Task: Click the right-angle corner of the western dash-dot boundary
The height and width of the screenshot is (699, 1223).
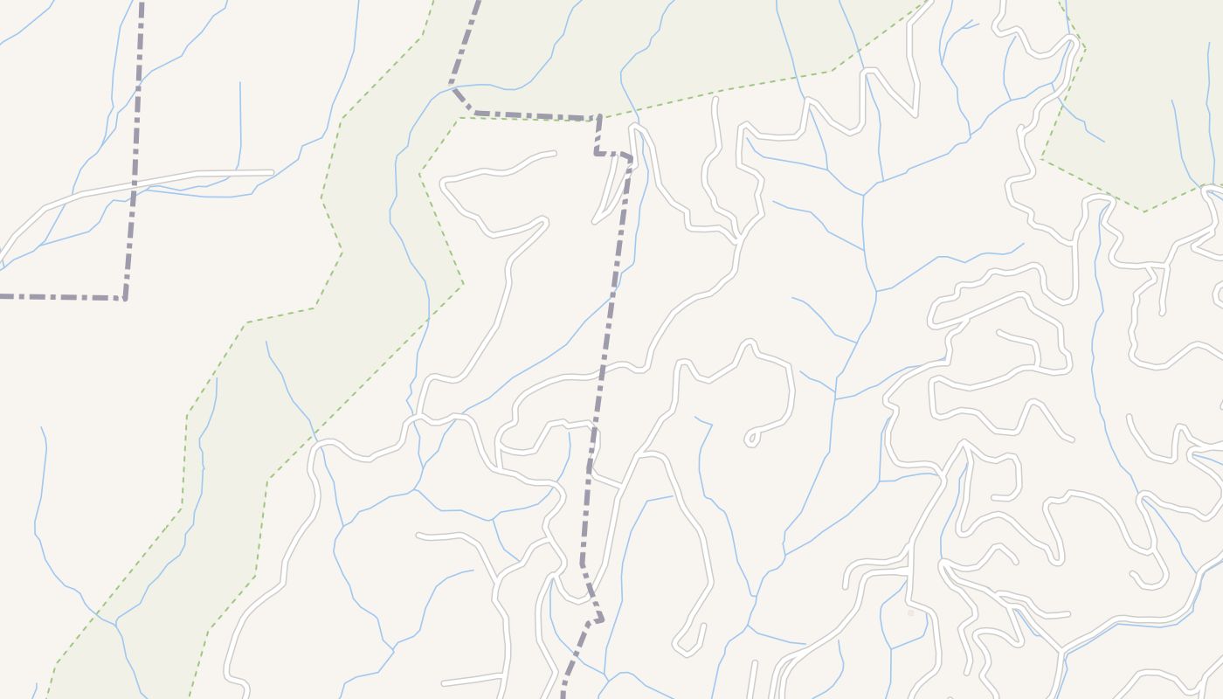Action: pyautogui.click(x=125, y=298)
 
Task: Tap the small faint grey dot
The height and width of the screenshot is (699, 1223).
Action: pyautogui.click(x=910, y=613)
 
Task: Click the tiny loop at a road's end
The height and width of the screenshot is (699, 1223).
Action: pyautogui.click(x=750, y=439)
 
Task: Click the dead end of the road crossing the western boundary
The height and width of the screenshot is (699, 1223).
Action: pyautogui.click(x=272, y=173)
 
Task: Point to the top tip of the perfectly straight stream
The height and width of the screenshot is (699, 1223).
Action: pyautogui.click(x=240, y=83)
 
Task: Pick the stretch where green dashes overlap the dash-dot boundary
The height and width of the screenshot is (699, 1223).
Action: pyautogui.click(x=533, y=115)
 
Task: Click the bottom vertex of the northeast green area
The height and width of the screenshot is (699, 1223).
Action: pyautogui.click(x=1144, y=211)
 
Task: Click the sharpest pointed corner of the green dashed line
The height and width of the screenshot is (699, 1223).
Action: pyautogui.click(x=462, y=282)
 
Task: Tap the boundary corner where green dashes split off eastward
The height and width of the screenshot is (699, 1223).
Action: pyautogui.click(x=599, y=117)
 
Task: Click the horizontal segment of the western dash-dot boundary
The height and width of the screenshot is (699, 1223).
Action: pyautogui.click(x=61, y=297)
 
